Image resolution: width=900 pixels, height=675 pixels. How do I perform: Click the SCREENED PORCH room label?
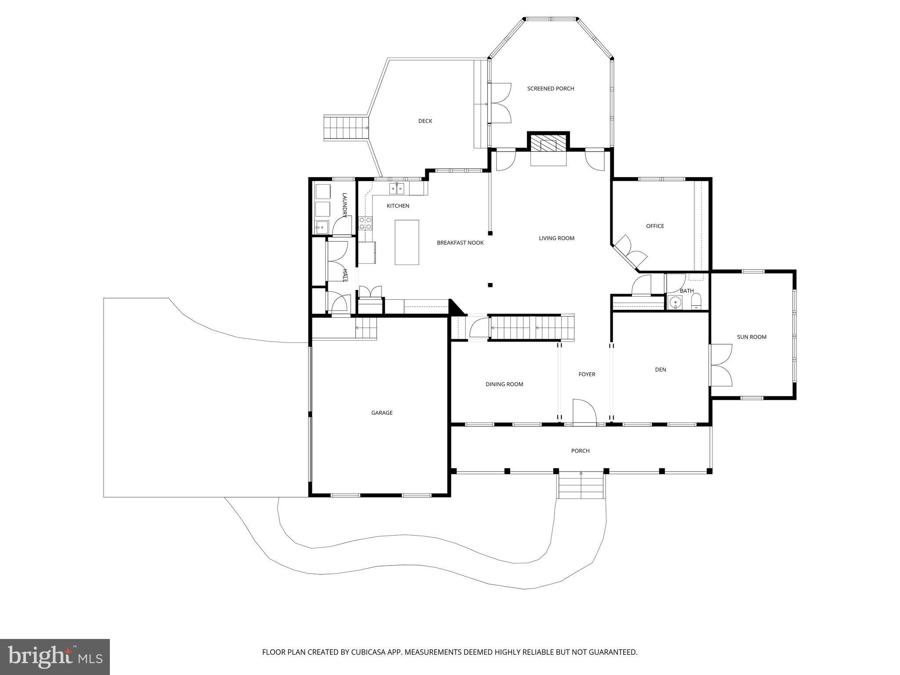(550, 89)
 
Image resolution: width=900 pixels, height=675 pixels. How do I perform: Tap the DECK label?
(425, 121)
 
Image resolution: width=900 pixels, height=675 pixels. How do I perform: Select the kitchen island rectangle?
(406, 243)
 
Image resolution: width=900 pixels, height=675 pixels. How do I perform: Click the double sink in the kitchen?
(396, 189)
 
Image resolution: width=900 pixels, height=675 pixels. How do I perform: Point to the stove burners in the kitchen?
(365, 223)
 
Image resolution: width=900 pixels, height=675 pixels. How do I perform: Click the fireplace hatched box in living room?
(548, 143)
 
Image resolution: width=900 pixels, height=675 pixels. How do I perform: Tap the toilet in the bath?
(697, 301)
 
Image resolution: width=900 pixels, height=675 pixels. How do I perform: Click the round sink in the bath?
(675, 302)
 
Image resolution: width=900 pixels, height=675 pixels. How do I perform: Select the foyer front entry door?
(584, 412)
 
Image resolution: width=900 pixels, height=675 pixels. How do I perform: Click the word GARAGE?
(381, 413)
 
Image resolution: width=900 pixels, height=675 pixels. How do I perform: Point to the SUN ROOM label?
(751, 337)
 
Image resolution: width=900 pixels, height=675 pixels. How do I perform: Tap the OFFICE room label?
(655, 226)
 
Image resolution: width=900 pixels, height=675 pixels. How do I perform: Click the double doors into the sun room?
(721, 365)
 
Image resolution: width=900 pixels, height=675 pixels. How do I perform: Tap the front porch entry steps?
(581, 486)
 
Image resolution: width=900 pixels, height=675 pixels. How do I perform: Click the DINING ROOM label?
(504, 384)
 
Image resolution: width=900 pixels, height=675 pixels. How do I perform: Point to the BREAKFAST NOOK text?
(460, 243)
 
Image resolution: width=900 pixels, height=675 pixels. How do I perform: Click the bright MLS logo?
(54, 657)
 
